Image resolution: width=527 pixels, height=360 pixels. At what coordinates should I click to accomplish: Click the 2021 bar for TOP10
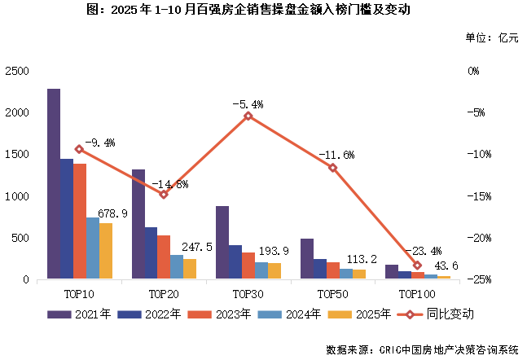[x=53, y=184]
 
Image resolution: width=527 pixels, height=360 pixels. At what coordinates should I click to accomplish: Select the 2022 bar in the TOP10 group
[x=66, y=219]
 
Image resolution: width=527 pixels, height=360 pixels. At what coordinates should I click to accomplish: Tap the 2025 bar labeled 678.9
[x=105, y=251]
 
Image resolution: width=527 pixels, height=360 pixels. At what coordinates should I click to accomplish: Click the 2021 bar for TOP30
[x=222, y=243]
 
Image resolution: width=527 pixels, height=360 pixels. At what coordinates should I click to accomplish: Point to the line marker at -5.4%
[x=248, y=116]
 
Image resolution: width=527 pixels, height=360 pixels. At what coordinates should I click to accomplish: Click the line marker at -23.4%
[x=418, y=265]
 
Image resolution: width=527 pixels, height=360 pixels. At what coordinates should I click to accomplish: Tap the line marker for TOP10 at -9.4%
[x=79, y=149]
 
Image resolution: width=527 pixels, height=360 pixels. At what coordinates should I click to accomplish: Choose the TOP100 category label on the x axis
[x=417, y=292]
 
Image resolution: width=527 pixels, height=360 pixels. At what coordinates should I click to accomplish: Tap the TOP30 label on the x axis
[x=248, y=292]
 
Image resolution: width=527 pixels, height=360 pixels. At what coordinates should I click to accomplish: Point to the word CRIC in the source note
[x=393, y=349]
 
